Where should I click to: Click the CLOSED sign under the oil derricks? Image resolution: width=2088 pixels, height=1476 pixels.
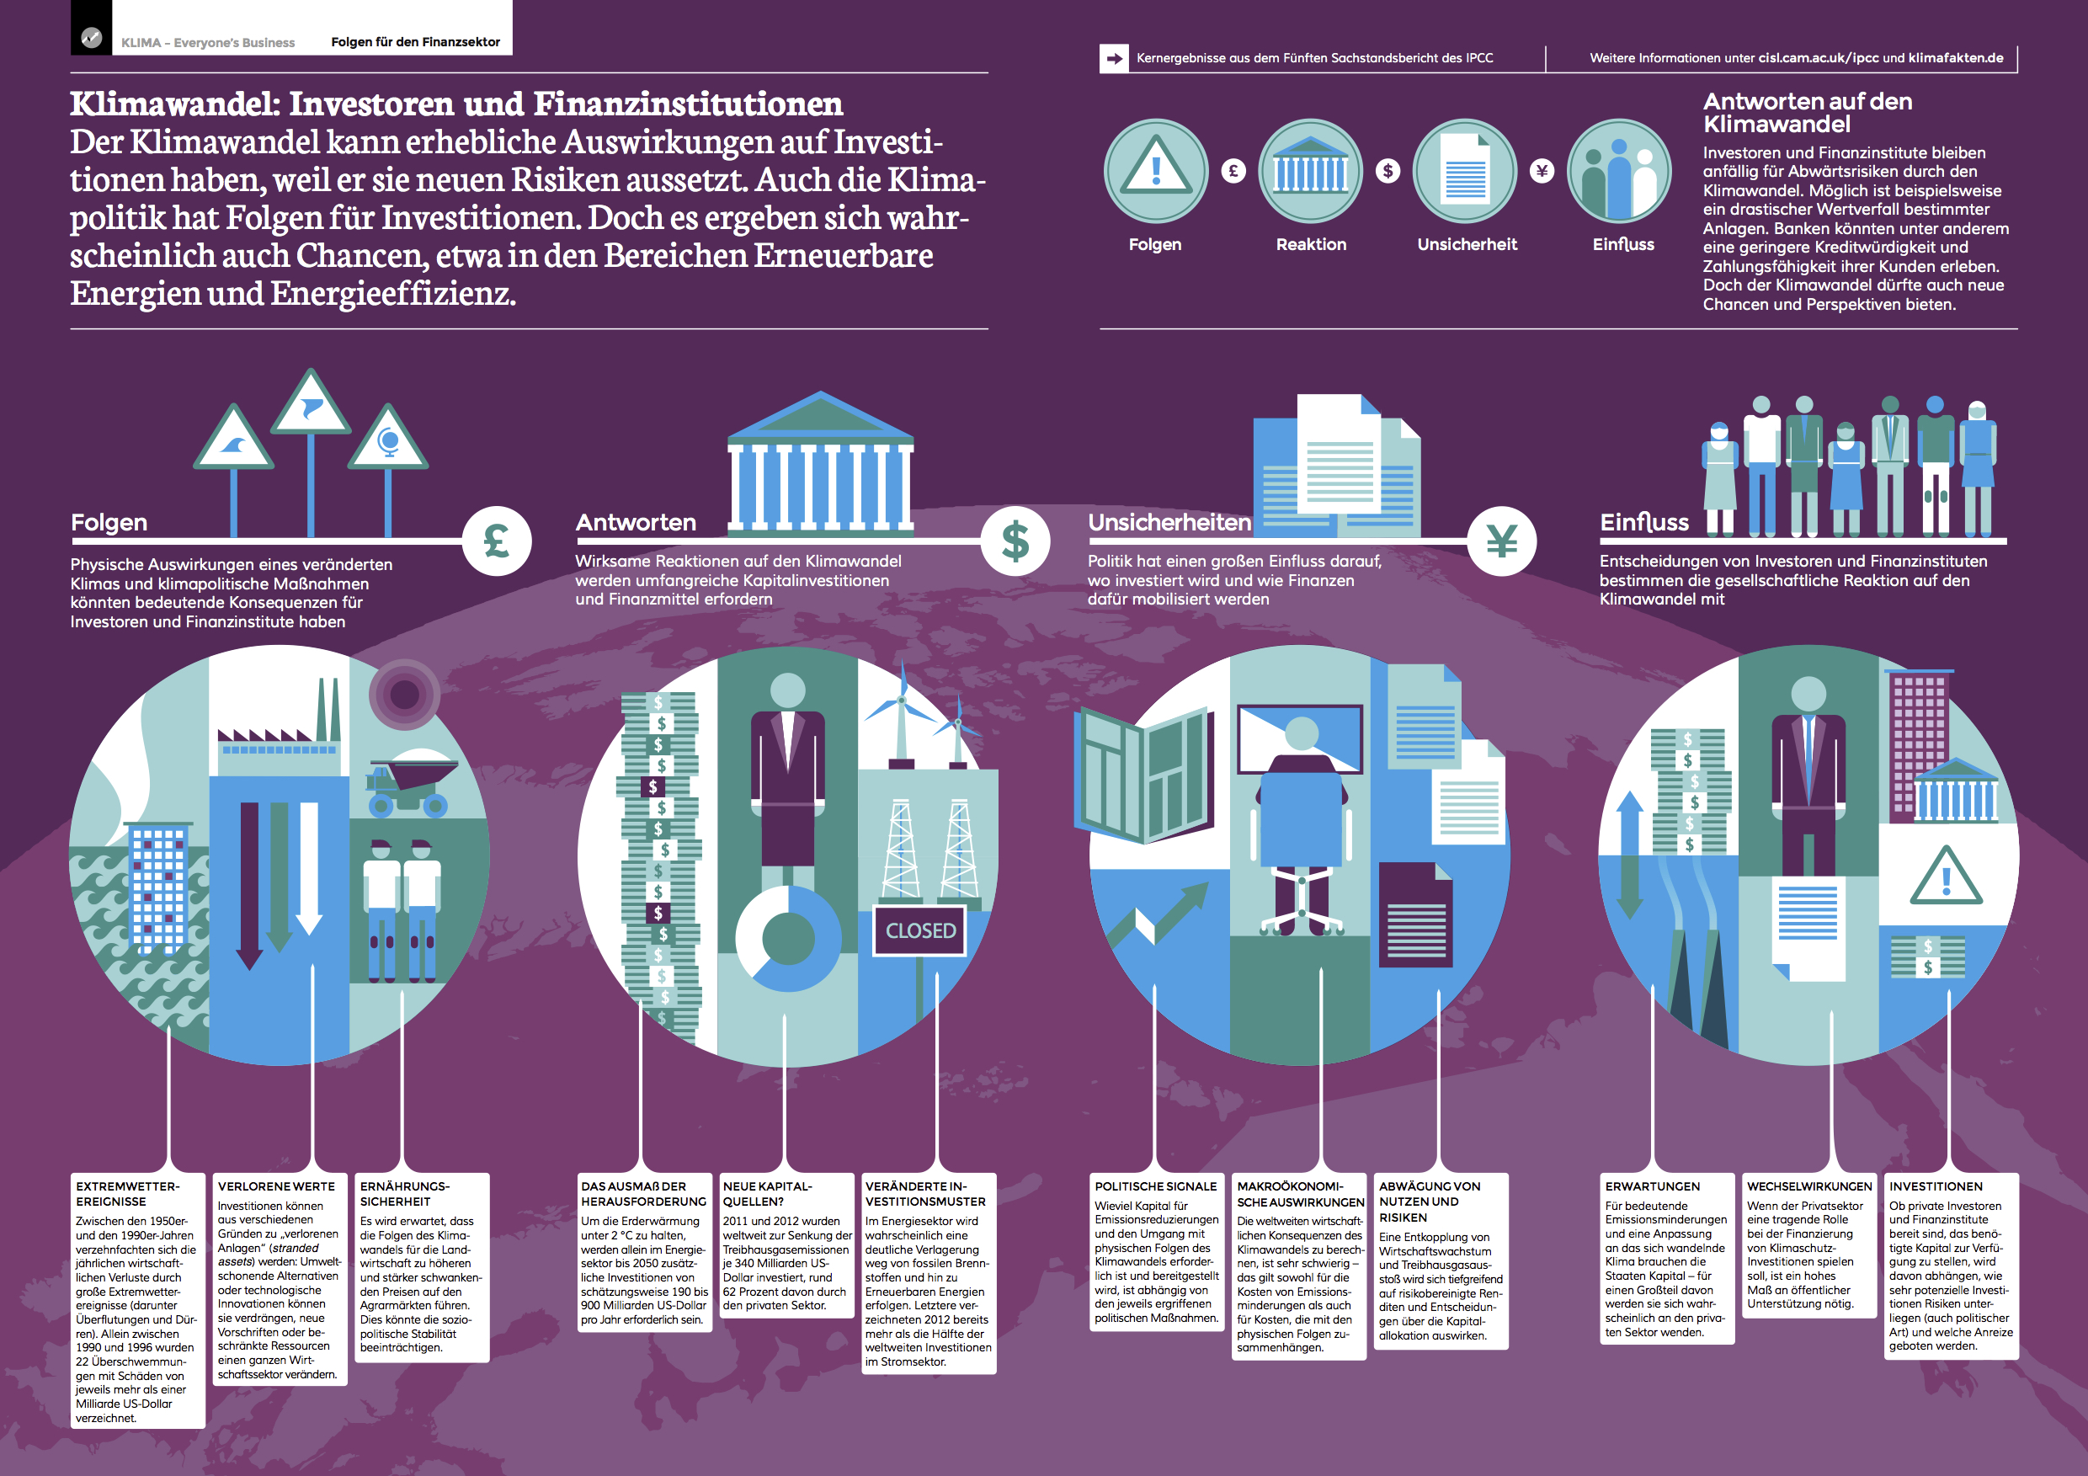tap(919, 930)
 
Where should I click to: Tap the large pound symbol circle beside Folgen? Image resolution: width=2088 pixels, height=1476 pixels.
tap(497, 541)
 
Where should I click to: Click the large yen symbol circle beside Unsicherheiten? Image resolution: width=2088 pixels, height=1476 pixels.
tap(1501, 541)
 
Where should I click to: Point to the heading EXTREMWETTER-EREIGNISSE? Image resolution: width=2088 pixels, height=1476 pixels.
tap(127, 1194)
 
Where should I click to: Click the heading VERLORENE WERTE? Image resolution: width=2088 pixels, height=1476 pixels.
tap(276, 1187)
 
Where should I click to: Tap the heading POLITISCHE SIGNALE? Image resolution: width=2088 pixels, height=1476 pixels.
tap(1155, 1187)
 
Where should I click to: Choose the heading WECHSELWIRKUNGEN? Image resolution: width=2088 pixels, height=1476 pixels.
tap(1809, 1187)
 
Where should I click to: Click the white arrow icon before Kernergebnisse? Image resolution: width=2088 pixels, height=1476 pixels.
tap(1114, 58)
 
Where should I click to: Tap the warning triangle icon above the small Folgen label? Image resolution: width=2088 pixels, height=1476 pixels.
tap(1156, 171)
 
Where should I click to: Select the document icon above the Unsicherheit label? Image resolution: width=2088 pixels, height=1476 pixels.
tap(1465, 171)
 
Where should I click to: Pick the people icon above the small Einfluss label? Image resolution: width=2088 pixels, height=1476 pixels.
tap(1620, 171)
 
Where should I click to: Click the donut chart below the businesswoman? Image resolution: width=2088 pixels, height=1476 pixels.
tap(787, 938)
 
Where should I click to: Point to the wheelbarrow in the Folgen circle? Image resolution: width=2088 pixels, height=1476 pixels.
tap(409, 784)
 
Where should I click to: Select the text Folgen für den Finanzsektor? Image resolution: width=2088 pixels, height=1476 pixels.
tap(416, 42)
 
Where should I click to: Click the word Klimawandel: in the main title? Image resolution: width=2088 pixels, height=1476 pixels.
tap(175, 104)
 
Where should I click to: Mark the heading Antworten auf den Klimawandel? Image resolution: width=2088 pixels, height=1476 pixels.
tap(1808, 113)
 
